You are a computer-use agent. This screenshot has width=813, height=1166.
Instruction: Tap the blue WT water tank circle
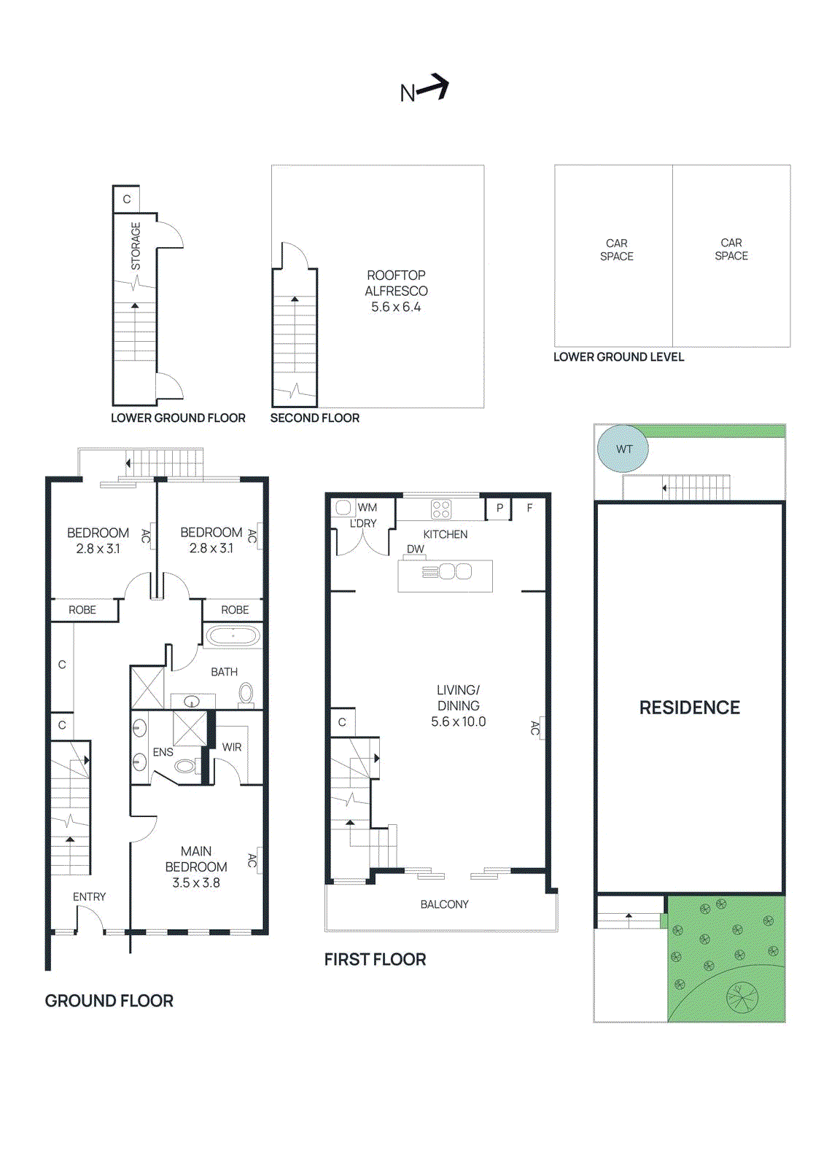click(623, 449)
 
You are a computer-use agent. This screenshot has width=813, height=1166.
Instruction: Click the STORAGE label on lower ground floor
click(136, 246)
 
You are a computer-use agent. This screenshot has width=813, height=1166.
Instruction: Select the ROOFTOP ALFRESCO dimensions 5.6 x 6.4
click(396, 307)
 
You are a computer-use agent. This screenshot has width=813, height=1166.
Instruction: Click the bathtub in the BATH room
click(233, 636)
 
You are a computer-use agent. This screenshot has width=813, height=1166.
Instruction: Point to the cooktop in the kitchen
click(441, 509)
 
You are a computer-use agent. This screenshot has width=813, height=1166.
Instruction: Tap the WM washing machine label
click(367, 507)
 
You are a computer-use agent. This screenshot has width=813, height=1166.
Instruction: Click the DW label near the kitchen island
click(416, 549)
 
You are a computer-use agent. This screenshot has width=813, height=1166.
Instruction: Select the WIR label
click(232, 747)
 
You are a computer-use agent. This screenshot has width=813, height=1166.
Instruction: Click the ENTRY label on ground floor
click(89, 896)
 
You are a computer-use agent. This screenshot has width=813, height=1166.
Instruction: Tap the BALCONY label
click(444, 904)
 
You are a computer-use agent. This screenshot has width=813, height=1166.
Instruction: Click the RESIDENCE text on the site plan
click(689, 708)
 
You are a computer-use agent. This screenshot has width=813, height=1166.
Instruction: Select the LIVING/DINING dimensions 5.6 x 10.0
click(458, 721)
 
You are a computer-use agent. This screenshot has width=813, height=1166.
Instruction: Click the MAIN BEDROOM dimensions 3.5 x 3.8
click(196, 883)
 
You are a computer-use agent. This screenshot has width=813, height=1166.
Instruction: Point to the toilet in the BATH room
click(246, 693)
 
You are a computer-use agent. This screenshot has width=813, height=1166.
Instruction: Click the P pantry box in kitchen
click(499, 508)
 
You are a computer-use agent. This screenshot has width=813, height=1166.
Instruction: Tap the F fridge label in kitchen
click(530, 508)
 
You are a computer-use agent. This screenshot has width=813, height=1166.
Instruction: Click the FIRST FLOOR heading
click(375, 959)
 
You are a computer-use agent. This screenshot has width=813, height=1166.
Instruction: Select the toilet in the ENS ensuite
click(185, 766)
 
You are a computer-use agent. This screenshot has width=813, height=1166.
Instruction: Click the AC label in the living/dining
click(535, 727)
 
